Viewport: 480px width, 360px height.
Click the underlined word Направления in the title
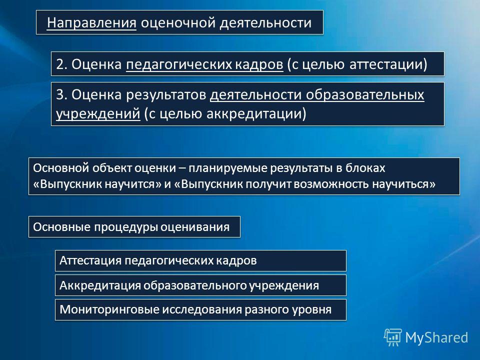point(91,23)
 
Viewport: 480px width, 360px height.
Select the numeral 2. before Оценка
point(61,64)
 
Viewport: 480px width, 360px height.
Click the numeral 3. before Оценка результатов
point(61,95)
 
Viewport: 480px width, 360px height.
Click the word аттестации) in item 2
point(388,64)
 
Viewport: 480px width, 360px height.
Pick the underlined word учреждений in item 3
point(98,114)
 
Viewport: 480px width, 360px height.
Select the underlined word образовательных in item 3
point(365,95)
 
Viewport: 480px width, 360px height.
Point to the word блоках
point(365,168)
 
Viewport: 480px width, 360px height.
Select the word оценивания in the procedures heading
point(195,227)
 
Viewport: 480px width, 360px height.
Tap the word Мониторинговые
point(109,309)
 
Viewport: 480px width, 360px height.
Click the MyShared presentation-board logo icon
point(393,337)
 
